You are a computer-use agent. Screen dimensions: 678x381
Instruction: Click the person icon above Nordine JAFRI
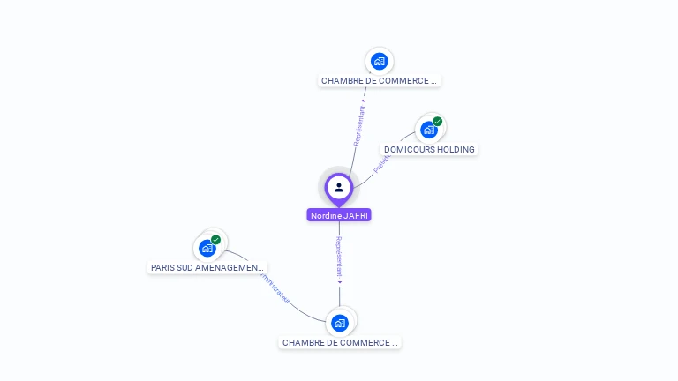[339, 187]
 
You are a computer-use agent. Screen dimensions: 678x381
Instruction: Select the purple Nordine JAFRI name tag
[339, 215]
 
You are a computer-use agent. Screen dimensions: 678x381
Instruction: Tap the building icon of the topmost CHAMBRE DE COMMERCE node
[380, 61]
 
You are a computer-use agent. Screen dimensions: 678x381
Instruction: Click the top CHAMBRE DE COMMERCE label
[379, 81]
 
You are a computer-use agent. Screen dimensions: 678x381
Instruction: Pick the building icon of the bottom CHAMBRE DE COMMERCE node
[340, 323]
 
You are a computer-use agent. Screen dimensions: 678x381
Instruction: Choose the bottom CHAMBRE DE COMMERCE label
[340, 342]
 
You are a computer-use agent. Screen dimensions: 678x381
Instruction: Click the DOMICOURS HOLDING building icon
[428, 131]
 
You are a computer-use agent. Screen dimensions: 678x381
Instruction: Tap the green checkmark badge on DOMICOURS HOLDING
[437, 122]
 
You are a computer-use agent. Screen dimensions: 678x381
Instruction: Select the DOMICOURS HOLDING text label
[429, 150]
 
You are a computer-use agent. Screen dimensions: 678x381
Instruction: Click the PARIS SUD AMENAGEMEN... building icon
[207, 248]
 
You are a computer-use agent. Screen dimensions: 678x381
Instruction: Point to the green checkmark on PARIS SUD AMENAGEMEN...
[215, 240]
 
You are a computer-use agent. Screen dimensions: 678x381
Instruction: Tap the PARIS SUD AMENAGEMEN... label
[207, 267]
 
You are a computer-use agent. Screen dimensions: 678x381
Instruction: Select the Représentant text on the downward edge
[339, 257]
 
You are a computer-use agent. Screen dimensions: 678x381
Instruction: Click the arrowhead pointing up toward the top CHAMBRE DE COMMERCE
[364, 101]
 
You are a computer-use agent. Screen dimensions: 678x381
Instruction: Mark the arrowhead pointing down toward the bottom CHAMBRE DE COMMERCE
[340, 283]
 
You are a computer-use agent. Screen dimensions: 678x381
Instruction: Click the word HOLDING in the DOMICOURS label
[456, 150]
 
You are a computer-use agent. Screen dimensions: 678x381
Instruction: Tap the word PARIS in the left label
[162, 267]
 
